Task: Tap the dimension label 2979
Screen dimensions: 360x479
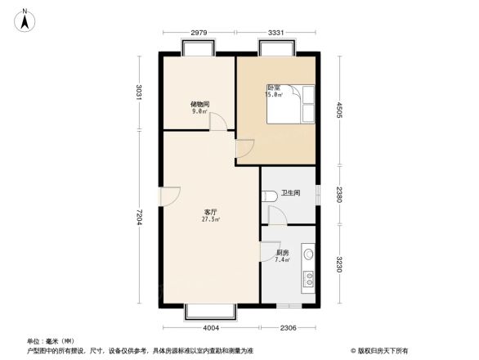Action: click(199, 33)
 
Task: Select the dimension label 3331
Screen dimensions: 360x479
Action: click(275, 33)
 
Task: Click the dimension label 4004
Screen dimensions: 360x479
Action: click(212, 328)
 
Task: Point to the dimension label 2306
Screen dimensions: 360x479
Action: click(288, 328)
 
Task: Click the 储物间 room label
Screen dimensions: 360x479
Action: click(200, 104)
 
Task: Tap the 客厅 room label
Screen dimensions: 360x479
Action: click(210, 212)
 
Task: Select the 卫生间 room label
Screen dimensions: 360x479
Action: click(291, 194)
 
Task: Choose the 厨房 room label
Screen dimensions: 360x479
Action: click(283, 253)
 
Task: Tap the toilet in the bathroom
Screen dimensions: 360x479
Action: click(269, 197)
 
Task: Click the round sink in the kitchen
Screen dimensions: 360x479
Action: click(308, 254)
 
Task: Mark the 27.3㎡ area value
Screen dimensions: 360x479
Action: click(210, 220)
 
